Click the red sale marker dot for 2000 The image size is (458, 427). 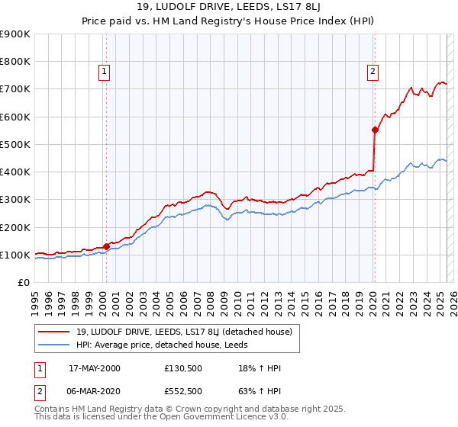click(x=106, y=246)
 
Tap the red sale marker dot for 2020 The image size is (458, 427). click(x=375, y=130)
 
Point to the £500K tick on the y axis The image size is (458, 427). click(x=15, y=144)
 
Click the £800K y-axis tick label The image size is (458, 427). click(x=15, y=61)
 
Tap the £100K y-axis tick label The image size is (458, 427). click(x=15, y=255)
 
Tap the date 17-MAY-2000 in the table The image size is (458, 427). click(x=95, y=368)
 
